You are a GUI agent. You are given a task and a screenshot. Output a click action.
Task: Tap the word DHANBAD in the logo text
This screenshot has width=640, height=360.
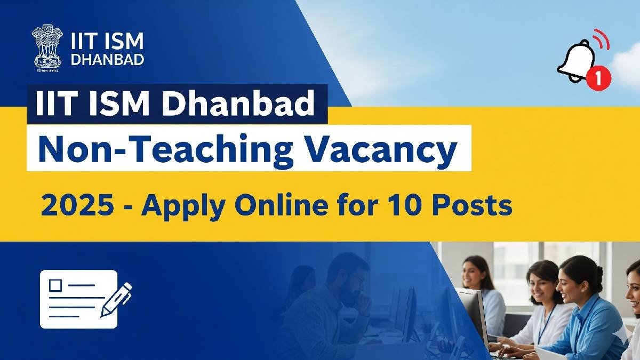point(107,59)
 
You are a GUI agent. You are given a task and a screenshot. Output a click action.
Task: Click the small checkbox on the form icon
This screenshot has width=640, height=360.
point(55,285)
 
